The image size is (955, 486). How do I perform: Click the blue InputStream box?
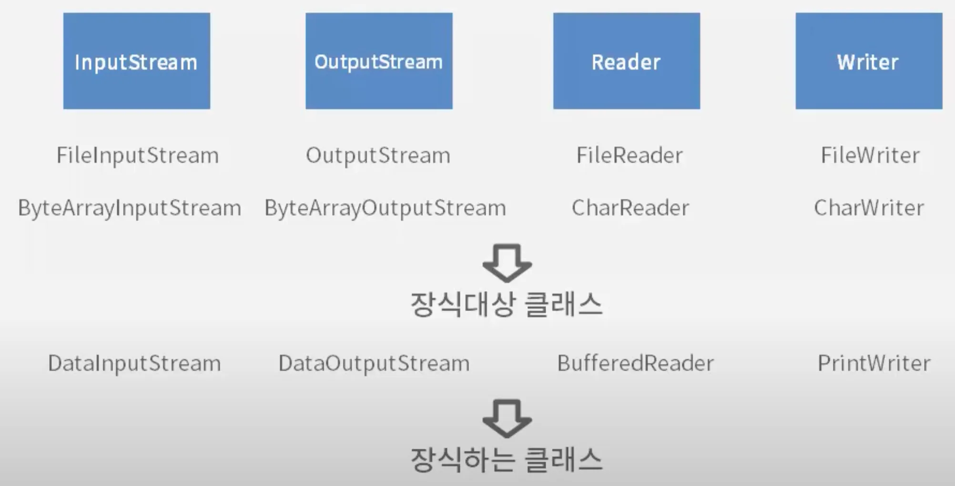point(137,61)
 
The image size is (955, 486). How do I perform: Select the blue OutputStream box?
point(379,61)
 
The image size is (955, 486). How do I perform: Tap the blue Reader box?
point(626,61)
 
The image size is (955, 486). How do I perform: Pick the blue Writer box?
point(868,61)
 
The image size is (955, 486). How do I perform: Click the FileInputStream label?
point(138,155)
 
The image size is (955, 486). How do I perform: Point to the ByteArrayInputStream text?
point(130,208)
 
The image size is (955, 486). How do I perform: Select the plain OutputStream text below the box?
point(378,155)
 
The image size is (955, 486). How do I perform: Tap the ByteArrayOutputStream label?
point(385,208)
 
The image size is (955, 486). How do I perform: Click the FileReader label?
point(630,155)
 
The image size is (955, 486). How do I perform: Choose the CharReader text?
point(630,208)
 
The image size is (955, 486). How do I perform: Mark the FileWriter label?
point(870,155)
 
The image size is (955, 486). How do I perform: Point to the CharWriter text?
point(869,208)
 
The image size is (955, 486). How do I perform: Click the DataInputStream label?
point(134,364)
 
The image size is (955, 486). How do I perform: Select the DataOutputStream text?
point(374,364)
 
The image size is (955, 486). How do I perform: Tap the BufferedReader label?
point(635,364)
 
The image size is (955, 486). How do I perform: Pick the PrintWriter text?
point(874,364)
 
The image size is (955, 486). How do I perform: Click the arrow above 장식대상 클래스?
point(507,263)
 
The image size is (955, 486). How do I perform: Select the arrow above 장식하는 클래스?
point(507,418)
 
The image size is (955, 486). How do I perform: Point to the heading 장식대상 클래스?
point(507,304)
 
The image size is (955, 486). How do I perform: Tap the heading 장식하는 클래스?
point(507,460)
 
